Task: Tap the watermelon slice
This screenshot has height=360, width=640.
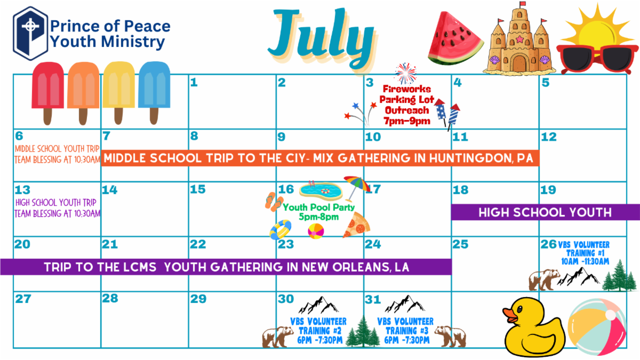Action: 455,38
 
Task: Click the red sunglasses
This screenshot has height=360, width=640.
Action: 597,58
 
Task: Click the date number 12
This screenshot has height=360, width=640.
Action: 549,137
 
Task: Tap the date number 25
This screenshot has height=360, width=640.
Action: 460,244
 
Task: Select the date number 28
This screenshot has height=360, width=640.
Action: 110,298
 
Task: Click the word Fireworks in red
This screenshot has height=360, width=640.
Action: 407,89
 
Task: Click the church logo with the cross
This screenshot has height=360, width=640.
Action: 30,34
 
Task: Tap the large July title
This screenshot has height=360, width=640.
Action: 322,37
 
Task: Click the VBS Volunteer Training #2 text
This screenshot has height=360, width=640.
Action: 319,331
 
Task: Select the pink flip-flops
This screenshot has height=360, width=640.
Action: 274,202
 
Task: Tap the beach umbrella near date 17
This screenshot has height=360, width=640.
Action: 356,186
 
